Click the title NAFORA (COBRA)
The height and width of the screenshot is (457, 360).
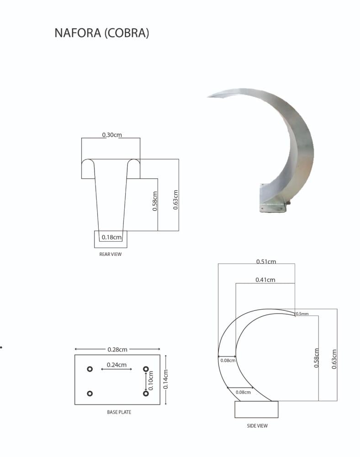pos(102,32)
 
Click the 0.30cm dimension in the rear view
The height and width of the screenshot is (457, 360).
pos(112,135)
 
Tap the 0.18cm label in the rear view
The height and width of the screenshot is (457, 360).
pos(111,237)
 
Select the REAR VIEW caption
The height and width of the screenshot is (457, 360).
pos(111,254)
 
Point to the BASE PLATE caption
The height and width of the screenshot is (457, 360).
pos(119,412)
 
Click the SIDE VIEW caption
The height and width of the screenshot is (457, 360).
pos(257,426)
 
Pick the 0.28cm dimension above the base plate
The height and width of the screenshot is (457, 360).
pos(117,350)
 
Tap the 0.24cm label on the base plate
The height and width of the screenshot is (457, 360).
pos(116,365)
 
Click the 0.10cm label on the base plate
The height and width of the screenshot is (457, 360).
pos(151,380)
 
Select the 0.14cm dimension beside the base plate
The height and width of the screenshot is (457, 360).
pos(165,379)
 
